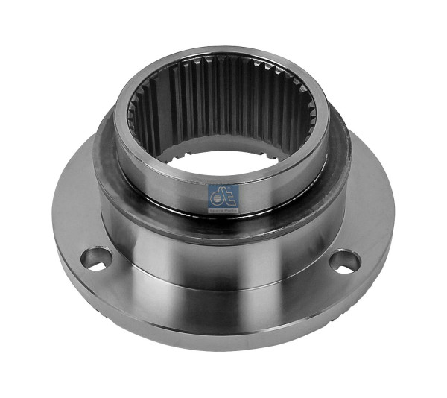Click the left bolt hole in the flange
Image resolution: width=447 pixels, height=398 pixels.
pos(97,258)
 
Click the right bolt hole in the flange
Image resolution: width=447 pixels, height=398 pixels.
pos(344,260)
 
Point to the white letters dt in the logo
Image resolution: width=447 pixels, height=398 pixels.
pos(223,195)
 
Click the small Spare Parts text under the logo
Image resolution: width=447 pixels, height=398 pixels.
pos(223,209)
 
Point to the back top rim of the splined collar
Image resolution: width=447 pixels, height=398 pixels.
pos(223,54)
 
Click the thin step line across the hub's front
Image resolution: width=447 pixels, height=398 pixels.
pos(223,280)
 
